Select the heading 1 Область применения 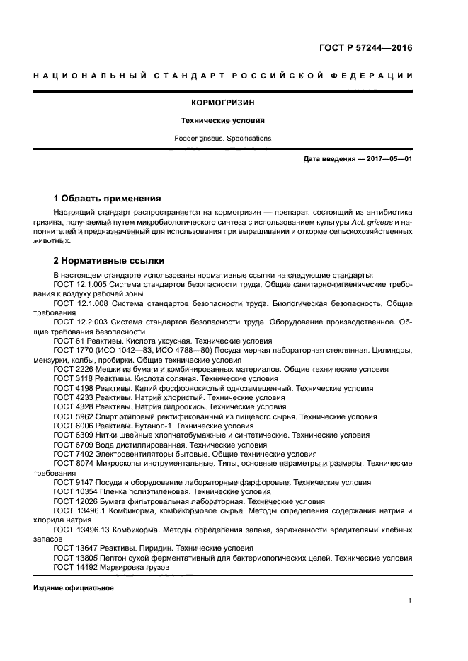click(108, 198)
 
